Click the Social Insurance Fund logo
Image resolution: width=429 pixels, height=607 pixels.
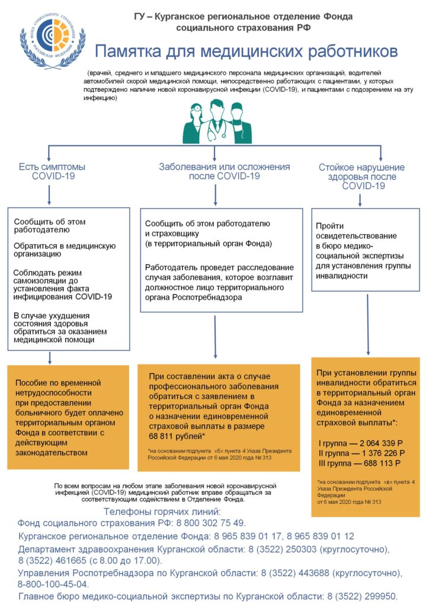click(52, 41)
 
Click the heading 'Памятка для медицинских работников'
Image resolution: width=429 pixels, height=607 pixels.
click(246, 51)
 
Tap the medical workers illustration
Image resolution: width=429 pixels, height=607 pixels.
click(217, 121)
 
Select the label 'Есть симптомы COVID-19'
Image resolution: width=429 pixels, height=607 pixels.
click(52, 171)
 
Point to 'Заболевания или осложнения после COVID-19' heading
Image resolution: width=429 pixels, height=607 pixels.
click(225, 171)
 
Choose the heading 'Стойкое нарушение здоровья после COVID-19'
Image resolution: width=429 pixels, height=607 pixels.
click(361, 177)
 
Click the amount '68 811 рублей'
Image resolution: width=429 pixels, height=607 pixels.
click(175, 436)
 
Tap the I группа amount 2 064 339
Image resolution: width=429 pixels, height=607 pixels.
click(381, 443)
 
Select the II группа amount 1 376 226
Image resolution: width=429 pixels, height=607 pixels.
click(383, 453)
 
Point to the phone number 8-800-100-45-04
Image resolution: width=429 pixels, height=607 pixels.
click(52, 584)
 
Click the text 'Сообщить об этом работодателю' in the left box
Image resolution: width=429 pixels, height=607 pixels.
click(50, 226)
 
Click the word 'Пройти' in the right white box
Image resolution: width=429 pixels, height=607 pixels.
click(329, 226)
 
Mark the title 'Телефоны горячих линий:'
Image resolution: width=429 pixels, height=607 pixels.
click(162, 512)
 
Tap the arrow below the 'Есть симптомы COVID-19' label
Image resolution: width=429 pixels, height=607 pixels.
click(49, 195)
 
